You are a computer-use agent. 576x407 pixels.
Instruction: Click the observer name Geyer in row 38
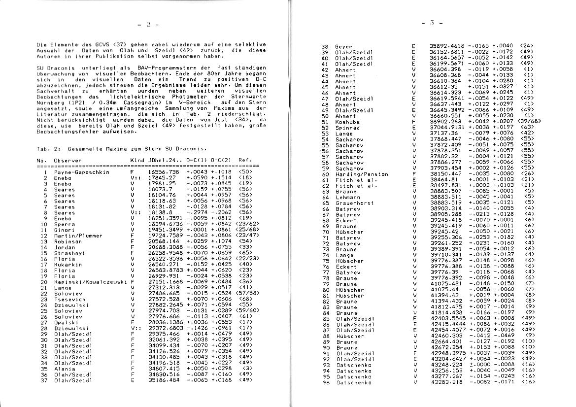[x=343, y=46]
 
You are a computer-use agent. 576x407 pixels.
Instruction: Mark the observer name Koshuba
[x=347, y=122]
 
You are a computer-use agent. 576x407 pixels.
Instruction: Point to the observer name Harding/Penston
[x=362, y=174]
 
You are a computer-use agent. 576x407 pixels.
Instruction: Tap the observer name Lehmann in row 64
[x=348, y=197]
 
